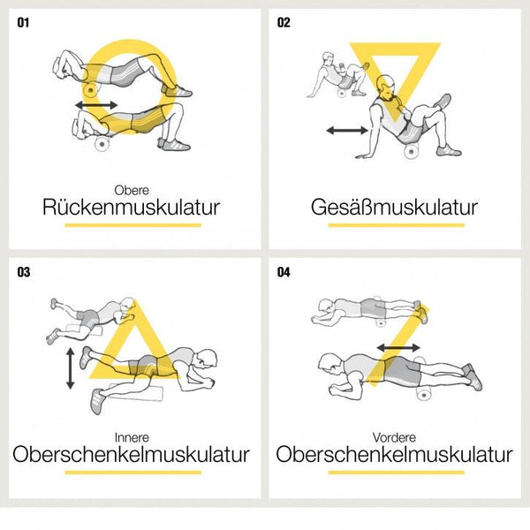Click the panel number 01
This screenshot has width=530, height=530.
[x=23, y=22]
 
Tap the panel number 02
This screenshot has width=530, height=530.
[x=284, y=22]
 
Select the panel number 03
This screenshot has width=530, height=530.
[x=23, y=272]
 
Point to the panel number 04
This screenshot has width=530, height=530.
[x=284, y=272]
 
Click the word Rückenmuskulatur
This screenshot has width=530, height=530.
[x=132, y=208]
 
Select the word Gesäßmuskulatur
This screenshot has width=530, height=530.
[x=394, y=208]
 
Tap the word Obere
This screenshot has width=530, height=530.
[x=132, y=189]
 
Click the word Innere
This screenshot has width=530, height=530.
[x=132, y=436]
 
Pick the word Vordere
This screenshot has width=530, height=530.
[x=394, y=436]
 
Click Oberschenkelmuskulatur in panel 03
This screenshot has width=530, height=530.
[x=132, y=455]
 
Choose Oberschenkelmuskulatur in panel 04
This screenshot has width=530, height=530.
[x=394, y=455]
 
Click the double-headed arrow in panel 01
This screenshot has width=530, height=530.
[x=95, y=105]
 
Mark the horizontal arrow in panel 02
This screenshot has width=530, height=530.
[x=346, y=131]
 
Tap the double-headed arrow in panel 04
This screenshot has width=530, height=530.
[x=398, y=348]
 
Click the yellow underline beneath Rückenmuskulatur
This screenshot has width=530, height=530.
[x=132, y=225]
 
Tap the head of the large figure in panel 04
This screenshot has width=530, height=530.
[x=330, y=364]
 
